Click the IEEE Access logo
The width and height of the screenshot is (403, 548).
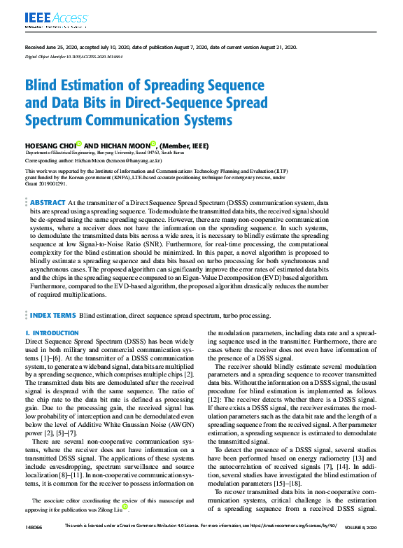coord(47,17)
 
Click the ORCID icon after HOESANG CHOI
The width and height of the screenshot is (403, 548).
coord(79,144)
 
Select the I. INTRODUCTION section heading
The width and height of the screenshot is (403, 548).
coord(52,333)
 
